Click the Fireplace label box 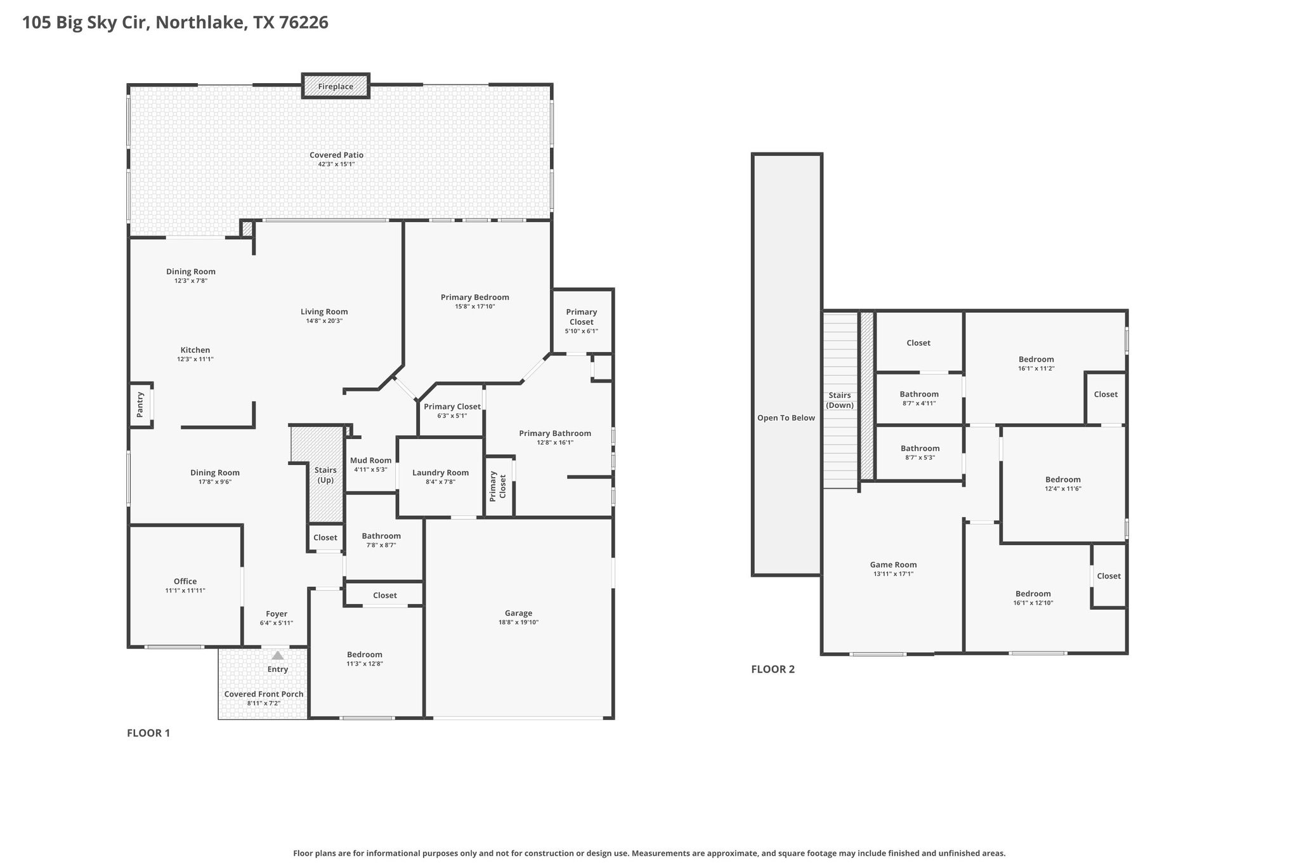[336, 86]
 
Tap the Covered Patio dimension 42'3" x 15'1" [336, 164]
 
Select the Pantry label [141, 405]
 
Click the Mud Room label [371, 461]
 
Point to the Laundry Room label [441, 473]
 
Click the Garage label [519, 613]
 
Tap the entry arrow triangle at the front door [278, 655]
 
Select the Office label [185, 581]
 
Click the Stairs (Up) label [325, 475]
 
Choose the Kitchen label [195, 350]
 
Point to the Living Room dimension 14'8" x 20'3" [324, 321]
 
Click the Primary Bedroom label [475, 297]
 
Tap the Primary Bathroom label [555, 433]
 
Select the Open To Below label [787, 418]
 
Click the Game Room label [893, 565]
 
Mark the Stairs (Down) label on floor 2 [840, 400]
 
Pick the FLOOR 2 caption [773, 669]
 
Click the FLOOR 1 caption [148, 733]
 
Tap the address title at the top [175, 23]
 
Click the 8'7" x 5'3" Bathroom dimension [919, 457]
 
